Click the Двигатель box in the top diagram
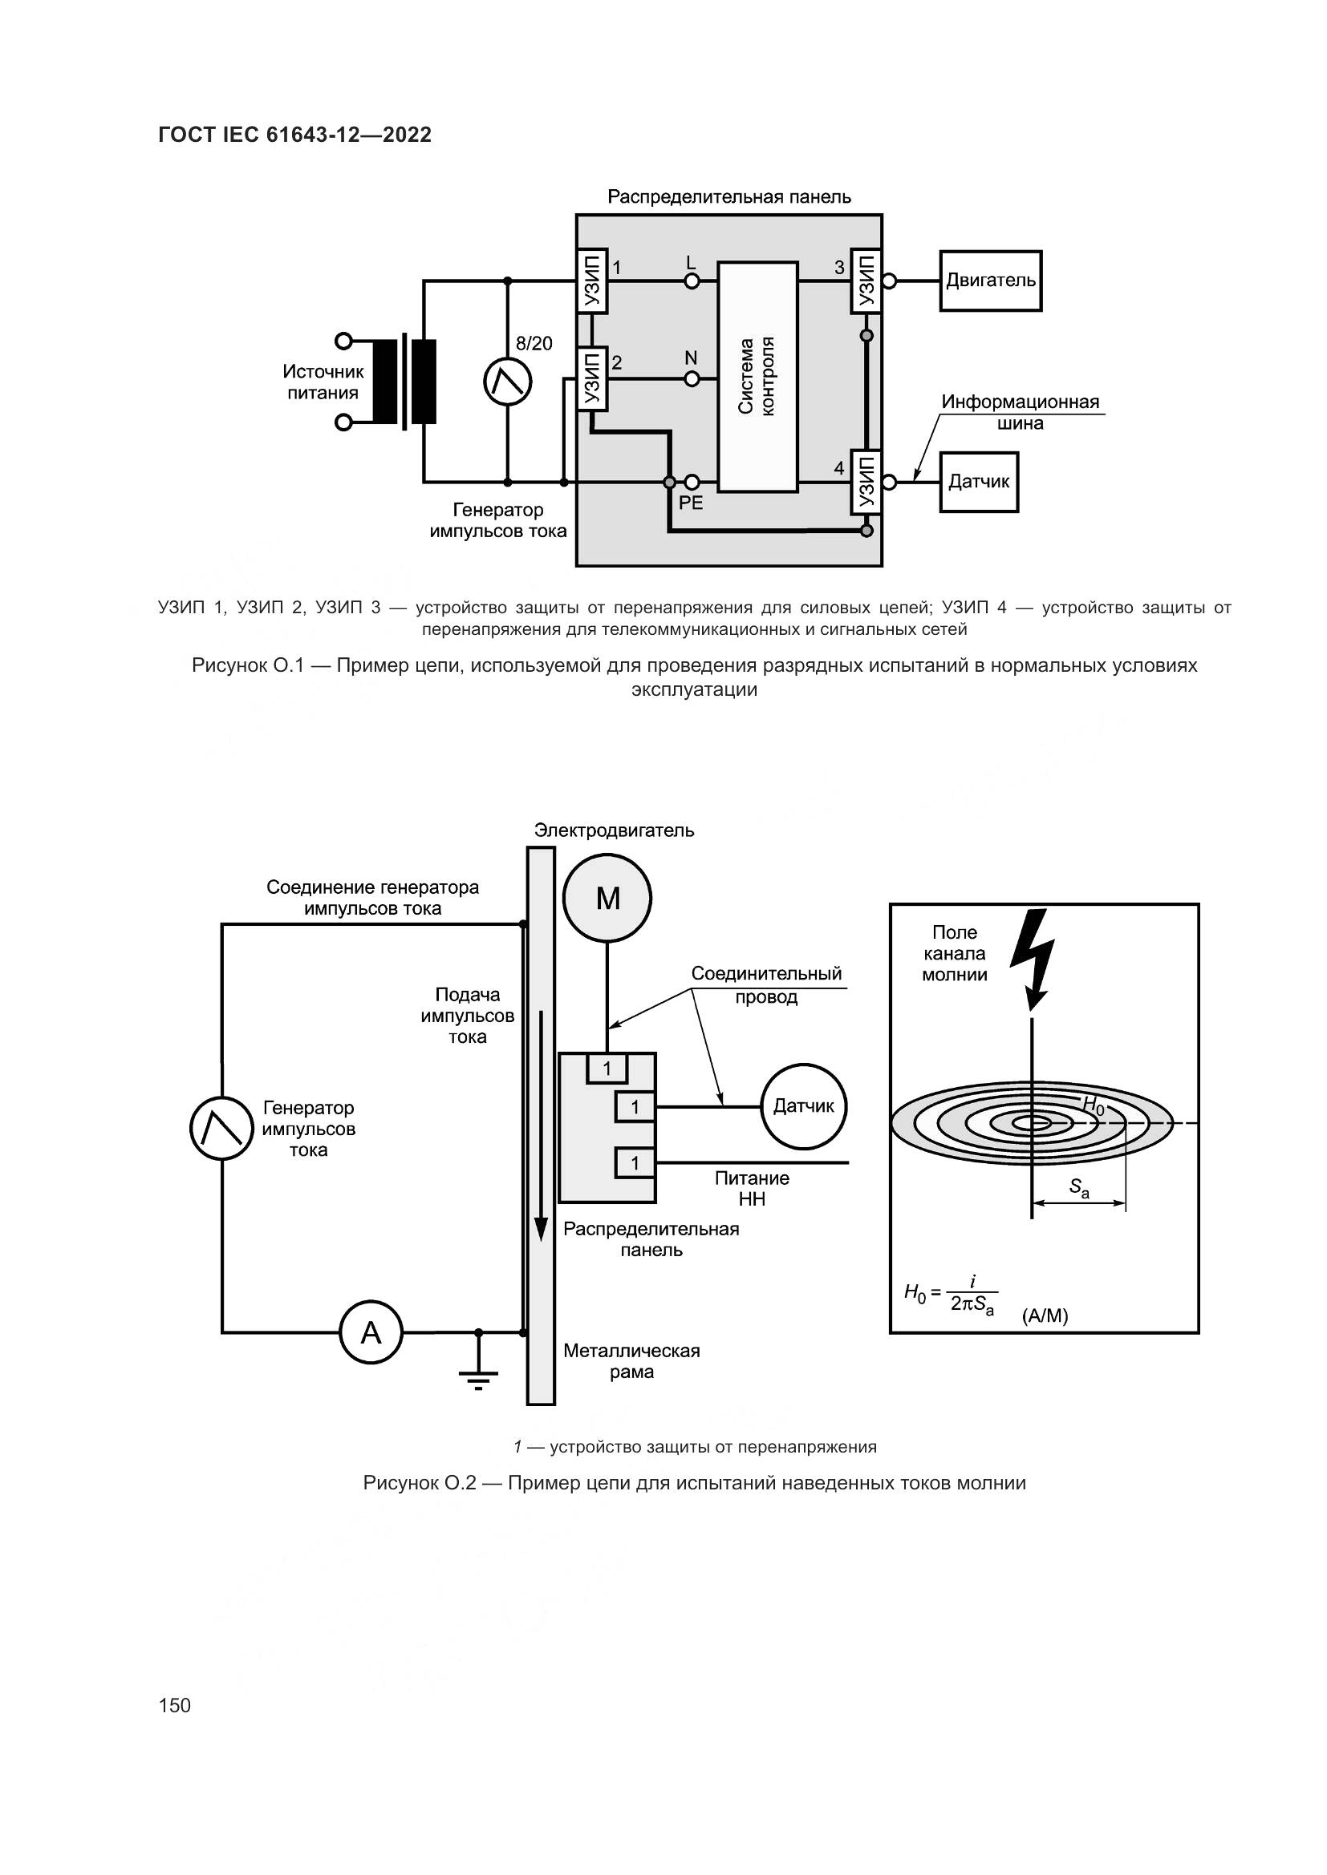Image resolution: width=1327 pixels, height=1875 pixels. click(990, 281)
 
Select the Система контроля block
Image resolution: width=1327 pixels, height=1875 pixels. click(757, 377)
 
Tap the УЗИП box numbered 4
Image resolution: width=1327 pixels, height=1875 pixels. click(866, 482)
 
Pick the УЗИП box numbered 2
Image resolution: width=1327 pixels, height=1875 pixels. click(592, 379)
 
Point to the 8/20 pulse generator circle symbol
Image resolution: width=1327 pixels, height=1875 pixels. click(507, 382)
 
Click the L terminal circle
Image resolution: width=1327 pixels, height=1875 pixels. click(692, 281)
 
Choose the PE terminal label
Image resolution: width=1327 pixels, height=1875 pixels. click(691, 503)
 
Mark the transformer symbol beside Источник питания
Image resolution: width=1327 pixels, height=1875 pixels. click(405, 382)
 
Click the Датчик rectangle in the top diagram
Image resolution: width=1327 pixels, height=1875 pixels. click(979, 482)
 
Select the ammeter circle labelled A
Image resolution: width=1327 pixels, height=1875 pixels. click(371, 1333)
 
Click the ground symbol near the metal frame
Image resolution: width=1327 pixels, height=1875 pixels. click(479, 1379)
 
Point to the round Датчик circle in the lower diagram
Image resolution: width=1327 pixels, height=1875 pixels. click(804, 1106)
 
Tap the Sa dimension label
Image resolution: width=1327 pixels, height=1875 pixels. click(1079, 1189)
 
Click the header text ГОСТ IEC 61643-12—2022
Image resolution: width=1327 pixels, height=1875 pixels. click(295, 135)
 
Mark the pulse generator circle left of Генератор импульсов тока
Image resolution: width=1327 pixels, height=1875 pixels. click(221, 1128)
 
